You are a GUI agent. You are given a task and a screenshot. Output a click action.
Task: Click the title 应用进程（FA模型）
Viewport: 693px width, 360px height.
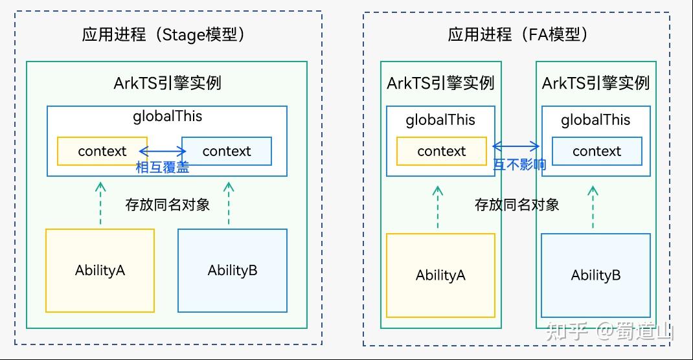(x=518, y=34)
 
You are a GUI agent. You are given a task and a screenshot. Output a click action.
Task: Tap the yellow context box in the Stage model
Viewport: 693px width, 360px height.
(x=102, y=151)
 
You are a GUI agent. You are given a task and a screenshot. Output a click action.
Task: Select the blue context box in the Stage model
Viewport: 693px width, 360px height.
(x=227, y=151)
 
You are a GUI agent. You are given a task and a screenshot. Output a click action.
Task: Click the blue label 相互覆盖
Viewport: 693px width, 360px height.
(x=163, y=167)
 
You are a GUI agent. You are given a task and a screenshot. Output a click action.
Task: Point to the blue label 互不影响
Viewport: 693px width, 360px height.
(x=519, y=164)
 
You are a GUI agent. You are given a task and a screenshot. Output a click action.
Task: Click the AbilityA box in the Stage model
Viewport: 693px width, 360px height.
(x=100, y=270)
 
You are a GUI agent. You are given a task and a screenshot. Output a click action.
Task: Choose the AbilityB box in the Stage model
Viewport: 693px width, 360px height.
(x=233, y=270)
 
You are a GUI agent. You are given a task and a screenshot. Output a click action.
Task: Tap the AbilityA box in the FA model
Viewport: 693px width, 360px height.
(x=440, y=275)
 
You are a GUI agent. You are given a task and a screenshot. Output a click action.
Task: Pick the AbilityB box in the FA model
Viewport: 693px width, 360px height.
(x=596, y=275)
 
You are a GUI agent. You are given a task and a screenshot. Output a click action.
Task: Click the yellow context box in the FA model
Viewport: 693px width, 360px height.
(x=441, y=151)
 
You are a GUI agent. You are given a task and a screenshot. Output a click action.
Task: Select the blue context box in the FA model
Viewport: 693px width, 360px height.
(x=596, y=151)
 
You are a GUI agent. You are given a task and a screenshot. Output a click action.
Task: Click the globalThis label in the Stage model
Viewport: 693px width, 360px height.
(x=167, y=117)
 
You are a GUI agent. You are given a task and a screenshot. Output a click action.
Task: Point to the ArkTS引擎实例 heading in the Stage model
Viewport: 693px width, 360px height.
(x=167, y=83)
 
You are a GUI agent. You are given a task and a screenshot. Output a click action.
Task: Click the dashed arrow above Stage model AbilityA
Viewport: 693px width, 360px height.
(x=100, y=203)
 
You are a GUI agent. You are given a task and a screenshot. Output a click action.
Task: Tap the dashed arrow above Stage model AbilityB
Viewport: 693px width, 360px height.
(x=229, y=203)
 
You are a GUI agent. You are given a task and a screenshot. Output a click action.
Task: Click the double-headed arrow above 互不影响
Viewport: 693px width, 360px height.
(x=516, y=146)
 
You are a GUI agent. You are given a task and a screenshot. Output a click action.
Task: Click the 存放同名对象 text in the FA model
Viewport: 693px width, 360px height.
(x=517, y=205)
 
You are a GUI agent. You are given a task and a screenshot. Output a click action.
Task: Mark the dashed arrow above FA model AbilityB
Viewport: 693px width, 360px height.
(x=593, y=207)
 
